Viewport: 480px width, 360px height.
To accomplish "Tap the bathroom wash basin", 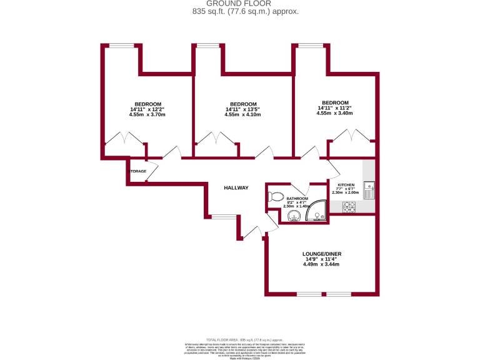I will coord(292,216).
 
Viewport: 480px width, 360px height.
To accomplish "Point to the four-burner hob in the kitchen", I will coord(348,207).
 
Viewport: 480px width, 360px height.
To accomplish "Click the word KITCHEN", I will coord(346,185).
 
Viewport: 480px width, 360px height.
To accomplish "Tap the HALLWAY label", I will coord(236,187).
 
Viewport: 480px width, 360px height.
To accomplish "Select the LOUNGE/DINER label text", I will coord(322,254).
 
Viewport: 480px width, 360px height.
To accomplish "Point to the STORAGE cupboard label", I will coord(137,171).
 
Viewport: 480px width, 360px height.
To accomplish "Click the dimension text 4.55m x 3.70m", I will coord(147,115).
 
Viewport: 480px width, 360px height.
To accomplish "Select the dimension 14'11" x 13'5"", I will coord(242,109).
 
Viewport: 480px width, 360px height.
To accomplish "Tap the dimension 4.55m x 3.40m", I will coord(334,113).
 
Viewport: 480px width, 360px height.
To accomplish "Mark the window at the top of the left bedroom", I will coord(122,44).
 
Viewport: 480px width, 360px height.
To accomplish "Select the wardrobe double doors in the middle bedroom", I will coord(216,138).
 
